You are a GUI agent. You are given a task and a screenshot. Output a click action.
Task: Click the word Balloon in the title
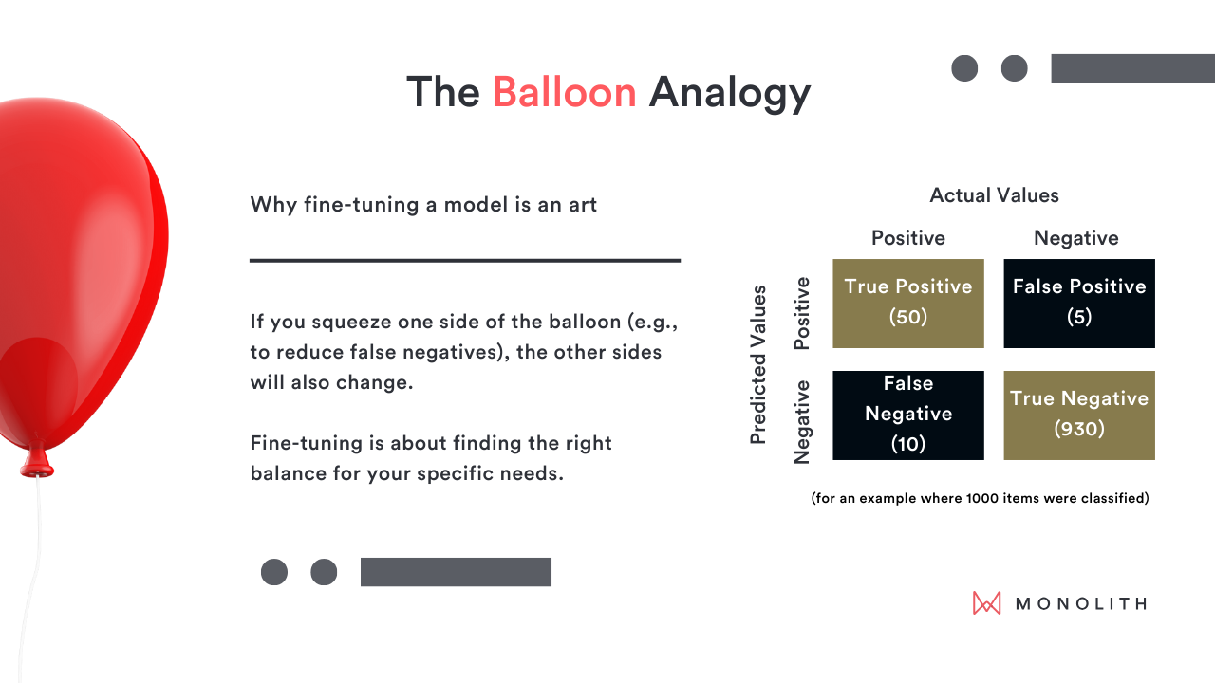pos(564,92)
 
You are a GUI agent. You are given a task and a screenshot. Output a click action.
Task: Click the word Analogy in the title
pos(730,93)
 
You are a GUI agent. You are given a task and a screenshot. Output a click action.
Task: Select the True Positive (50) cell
pos(908,303)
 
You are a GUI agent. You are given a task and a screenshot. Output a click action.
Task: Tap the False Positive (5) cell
pos(1079,303)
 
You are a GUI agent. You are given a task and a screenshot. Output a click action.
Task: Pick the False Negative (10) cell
pos(908,415)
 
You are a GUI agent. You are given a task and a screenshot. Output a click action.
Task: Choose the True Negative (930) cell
pos(1079,415)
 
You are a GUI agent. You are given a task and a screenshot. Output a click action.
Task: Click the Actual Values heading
pos(994,195)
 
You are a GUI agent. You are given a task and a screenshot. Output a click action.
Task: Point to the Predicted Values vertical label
pos(757,364)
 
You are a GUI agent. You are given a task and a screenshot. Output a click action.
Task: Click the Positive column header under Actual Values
pos(908,238)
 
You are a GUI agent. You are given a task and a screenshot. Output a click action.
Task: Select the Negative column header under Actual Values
pos(1076,238)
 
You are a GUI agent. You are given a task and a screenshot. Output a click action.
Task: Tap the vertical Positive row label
pos(801,313)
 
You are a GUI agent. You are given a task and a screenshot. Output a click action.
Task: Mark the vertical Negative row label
pos(801,422)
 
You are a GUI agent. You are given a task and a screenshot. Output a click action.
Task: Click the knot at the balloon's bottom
pos(37,462)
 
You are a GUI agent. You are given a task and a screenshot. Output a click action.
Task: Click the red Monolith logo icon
pos(986,602)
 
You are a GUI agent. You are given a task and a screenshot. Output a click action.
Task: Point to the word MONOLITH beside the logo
pos(1081,603)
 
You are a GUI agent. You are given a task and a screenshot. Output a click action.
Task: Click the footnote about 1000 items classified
pos(980,498)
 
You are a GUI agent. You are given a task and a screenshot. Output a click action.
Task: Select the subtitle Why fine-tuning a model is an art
pos(423,205)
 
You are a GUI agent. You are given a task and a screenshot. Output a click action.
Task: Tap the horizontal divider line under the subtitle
pos(465,261)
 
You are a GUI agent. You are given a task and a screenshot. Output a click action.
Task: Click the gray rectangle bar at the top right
pos(1133,68)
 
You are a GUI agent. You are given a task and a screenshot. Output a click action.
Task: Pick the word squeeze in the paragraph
pos(350,323)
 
